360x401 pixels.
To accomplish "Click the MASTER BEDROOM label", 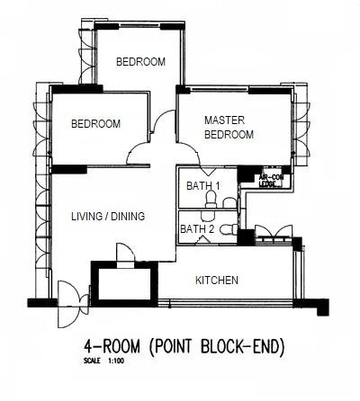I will pos(228,127).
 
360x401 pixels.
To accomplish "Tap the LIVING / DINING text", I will pos(107,217).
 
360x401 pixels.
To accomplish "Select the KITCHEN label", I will pos(217,281).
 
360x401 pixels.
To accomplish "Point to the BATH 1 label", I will pos(203,186).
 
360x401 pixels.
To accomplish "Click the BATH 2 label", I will pos(198,229).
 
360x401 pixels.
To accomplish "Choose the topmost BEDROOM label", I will pos(141,62).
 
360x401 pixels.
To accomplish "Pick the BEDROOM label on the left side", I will pos(95,124).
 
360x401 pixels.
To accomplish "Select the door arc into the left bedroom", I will pos(141,155).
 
